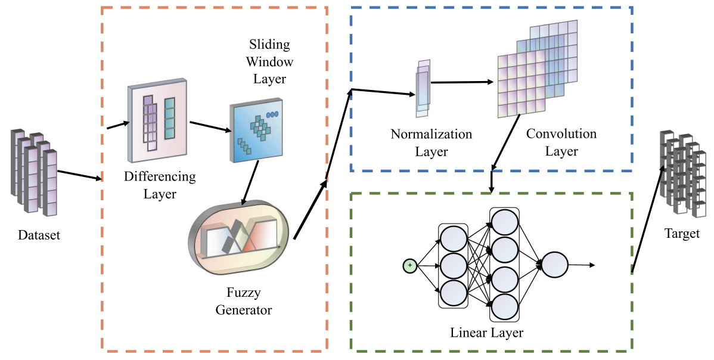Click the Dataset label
tap(39, 235)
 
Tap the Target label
tap(682, 233)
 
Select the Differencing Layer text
tap(159, 185)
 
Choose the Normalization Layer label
tap(431, 142)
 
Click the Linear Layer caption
tap(486, 332)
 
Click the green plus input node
tap(409, 265)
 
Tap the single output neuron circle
tap(554, 265)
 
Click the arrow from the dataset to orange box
tap(80, 174)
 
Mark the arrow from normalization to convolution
tap(462, 83)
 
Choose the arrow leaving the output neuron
tap(582, 265)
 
